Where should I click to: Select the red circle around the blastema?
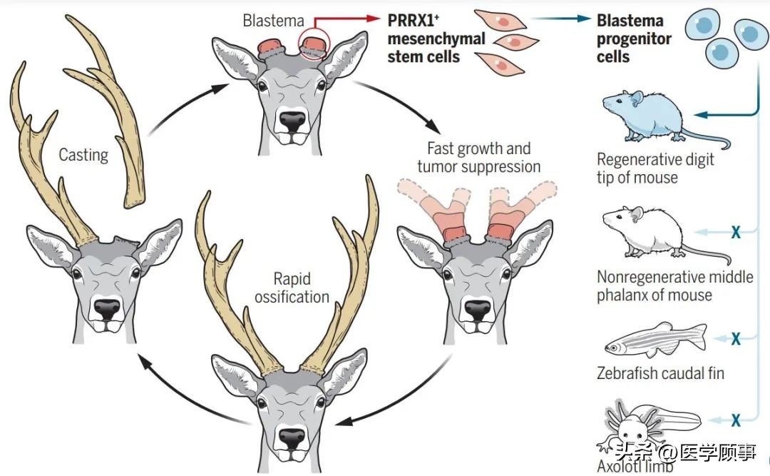click(316, 40)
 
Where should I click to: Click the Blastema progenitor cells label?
click(634, 39)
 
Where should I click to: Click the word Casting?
click(83, 154)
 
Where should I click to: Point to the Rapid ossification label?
click(292, 288)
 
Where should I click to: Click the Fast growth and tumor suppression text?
click(479, 158)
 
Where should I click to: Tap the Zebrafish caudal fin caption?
click(660, 373)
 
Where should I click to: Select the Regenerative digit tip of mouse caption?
click(654, 168)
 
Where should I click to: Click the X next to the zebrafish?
click(736, 338)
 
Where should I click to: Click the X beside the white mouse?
click(736, 231)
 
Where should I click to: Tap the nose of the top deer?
click(292, 122)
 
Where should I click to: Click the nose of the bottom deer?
click(292, 438)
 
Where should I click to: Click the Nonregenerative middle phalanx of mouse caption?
click(674, 285)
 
